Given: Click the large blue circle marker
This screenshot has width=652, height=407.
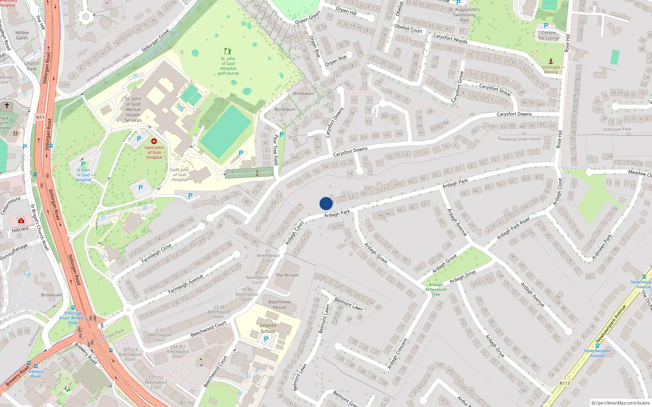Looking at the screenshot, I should click(x=326, y=203).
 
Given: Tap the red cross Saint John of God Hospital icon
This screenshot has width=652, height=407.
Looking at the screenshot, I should click(x=154, y=141).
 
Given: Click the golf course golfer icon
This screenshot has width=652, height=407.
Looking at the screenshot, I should click(x=228, y=51).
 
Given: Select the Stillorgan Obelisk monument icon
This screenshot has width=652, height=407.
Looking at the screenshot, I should click(x=551, y=61).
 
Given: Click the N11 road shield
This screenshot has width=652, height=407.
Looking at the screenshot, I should click(x=40, y=117).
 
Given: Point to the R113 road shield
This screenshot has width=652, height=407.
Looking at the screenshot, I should click(x=564, y=383).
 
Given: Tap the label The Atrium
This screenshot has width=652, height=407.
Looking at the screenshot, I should click(x=286, y=275).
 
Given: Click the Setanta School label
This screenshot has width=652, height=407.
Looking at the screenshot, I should click(x=268, y=328).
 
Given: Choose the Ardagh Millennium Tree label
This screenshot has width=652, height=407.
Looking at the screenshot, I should click(x=436, y=289).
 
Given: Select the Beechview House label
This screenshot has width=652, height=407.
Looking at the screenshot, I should click(x=279, y=304).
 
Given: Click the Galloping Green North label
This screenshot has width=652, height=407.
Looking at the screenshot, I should click(x=519, y=139).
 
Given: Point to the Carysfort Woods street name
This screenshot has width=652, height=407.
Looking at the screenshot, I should click(x=450, y=39).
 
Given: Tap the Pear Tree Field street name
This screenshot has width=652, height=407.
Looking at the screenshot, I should click(x=276, y=149).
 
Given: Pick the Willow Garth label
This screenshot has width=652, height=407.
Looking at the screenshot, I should click(x=22, y=35).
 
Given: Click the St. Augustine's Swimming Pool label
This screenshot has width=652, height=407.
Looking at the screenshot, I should click(x=464, y=15).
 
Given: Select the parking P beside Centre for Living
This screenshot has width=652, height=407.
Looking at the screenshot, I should click(x=546, y=26).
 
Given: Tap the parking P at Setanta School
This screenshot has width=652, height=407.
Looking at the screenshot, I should click(x=266, y=339).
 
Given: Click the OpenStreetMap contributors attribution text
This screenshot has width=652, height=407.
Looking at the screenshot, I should click(x=620, y=403).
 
